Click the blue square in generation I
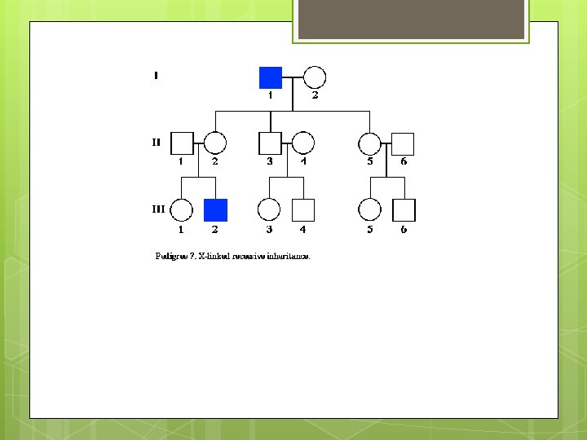271,77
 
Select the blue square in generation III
215,210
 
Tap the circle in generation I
315,77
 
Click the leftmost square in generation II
182,143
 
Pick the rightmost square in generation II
403,143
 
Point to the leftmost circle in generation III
182,210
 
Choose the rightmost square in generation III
404,210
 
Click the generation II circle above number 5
370,143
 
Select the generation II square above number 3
270,143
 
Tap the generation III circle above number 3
269,210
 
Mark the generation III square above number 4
303,210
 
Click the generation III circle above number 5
370,210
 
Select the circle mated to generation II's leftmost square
214,143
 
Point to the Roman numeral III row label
158,209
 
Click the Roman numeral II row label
156,142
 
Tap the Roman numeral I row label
156,77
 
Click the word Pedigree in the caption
171,256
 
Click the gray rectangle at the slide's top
410,20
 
